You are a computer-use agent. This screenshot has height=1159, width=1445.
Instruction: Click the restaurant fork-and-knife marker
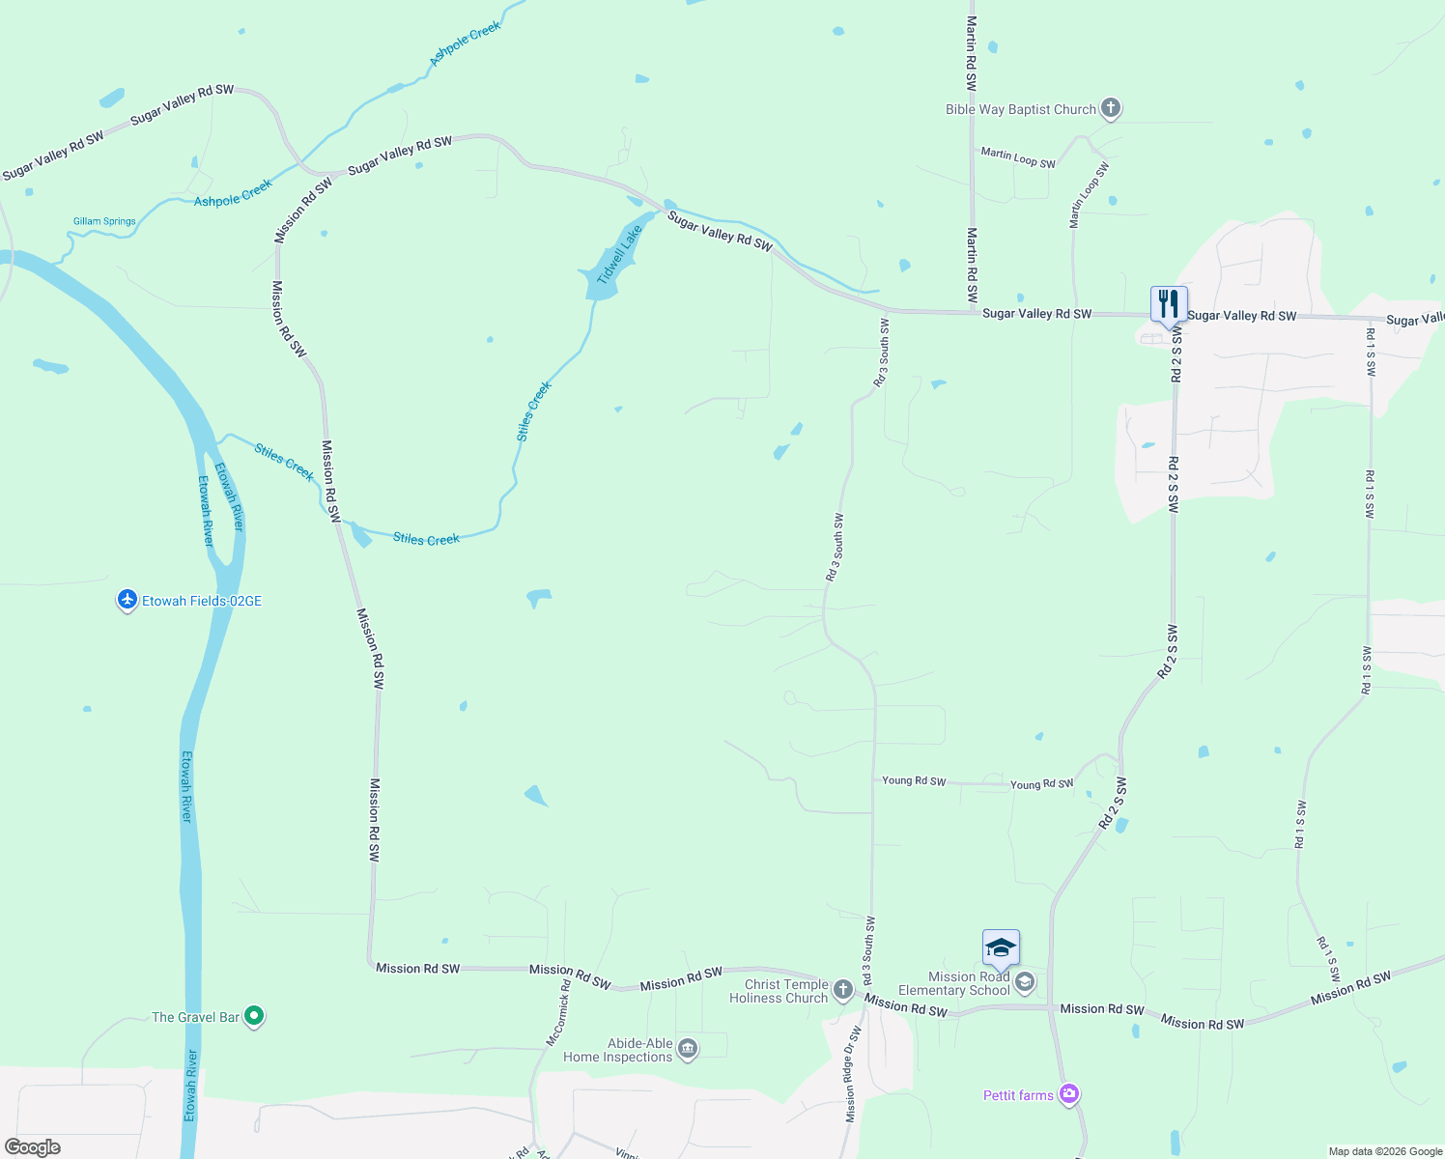tap(1169, 304)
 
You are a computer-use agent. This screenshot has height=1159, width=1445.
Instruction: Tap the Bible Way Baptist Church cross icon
tap(1111, 108)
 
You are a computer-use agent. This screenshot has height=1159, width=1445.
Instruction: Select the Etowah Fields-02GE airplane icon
tap(127, 600)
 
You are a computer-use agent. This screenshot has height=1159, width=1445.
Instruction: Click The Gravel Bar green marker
tap(254, 1016)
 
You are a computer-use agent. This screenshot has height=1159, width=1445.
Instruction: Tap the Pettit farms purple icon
tap(1068, 1094)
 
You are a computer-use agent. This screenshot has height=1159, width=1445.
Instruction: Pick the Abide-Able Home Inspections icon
tap(688, 1049)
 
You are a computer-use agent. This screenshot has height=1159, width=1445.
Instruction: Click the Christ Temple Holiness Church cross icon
tap(842, 990)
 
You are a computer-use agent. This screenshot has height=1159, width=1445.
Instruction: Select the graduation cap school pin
tap(1001, 947)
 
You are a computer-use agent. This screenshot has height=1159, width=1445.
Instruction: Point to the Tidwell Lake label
tap(619, 255)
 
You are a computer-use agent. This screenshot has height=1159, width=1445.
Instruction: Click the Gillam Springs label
tap(104, 221)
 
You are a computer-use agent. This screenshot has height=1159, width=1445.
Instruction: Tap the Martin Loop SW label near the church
tap(1018, 157)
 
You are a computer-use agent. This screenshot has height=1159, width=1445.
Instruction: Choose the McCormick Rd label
tap(559, 1013)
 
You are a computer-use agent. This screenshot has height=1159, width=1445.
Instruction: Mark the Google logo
tap(33, 1147)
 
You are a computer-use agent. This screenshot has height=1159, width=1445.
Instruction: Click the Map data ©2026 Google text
tap(1385, 1151)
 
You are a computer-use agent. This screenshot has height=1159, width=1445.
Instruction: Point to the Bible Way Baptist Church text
tap(1021, 109)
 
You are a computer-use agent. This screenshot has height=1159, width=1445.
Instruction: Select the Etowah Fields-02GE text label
tap(202, 601)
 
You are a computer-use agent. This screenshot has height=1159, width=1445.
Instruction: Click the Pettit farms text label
tap(1018, 1095)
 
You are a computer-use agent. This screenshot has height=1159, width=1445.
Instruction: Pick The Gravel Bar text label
tap(195, 1017)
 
